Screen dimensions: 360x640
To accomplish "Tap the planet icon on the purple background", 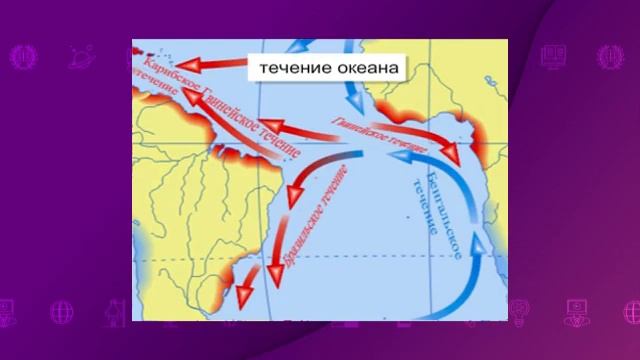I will (x=78, y=58).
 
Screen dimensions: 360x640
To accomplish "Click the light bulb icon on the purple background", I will (x=518, y=310).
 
